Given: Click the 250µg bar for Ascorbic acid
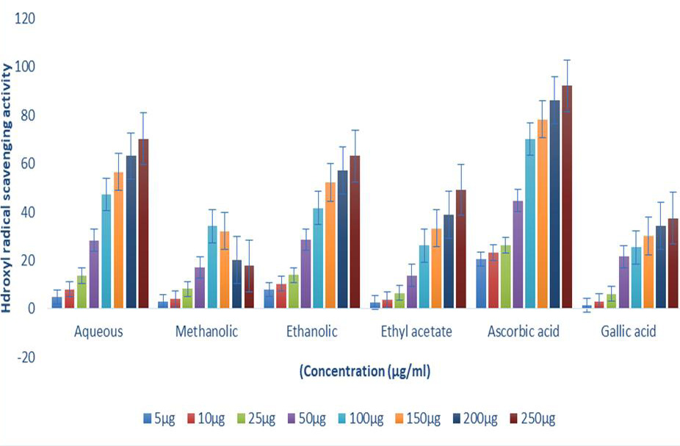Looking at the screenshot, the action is pos(567,197).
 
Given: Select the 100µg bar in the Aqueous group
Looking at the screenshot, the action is pos(106,251).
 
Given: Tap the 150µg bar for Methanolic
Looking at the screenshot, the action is pos(225,270).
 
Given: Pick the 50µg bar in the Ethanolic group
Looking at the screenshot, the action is pos(305,274).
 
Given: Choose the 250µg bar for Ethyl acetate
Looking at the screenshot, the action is pos(461,249).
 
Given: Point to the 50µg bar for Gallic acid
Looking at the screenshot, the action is pos(623,282).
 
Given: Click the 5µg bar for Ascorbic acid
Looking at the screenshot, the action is pos(481,284).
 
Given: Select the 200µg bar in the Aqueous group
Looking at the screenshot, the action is pos(131,232).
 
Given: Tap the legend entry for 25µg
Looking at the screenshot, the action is pos(256,419).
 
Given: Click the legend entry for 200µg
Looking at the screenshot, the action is pos(475,419).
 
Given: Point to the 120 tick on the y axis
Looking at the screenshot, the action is pos(25,18).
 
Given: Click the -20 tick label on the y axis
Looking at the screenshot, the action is pos(25,357).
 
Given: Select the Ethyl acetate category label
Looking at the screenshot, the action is pos(416,331).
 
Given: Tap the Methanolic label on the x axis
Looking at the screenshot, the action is pos(206,331).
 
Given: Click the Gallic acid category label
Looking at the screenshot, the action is pos(629,331).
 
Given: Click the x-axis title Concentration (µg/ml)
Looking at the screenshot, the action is pos(365,371).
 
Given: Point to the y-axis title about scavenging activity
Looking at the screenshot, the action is pos(7,188).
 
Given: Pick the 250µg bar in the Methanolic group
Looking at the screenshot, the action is pos(250,287).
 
